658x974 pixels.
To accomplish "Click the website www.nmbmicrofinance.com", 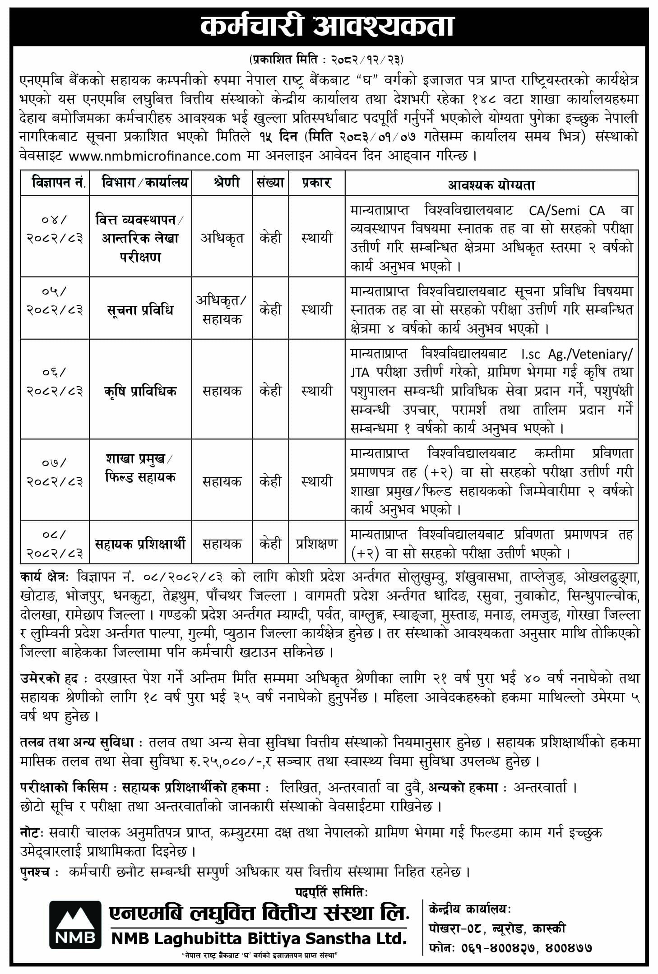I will pos(155,156).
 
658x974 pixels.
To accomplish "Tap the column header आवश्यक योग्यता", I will pos(491,185).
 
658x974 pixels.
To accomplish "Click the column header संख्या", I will pos(270,183).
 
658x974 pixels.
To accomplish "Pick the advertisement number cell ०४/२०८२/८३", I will pos(55,229).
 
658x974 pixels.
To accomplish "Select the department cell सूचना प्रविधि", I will pos(140,310).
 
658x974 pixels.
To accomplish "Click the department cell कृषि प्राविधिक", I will pos(140,391).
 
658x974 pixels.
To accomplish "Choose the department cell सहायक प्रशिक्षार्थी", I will pos(140,544).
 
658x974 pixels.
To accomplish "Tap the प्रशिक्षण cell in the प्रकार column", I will pos(317,544).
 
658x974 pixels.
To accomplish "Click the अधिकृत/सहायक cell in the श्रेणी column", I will pos(222,310).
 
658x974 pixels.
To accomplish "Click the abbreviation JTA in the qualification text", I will pos(360,373).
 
